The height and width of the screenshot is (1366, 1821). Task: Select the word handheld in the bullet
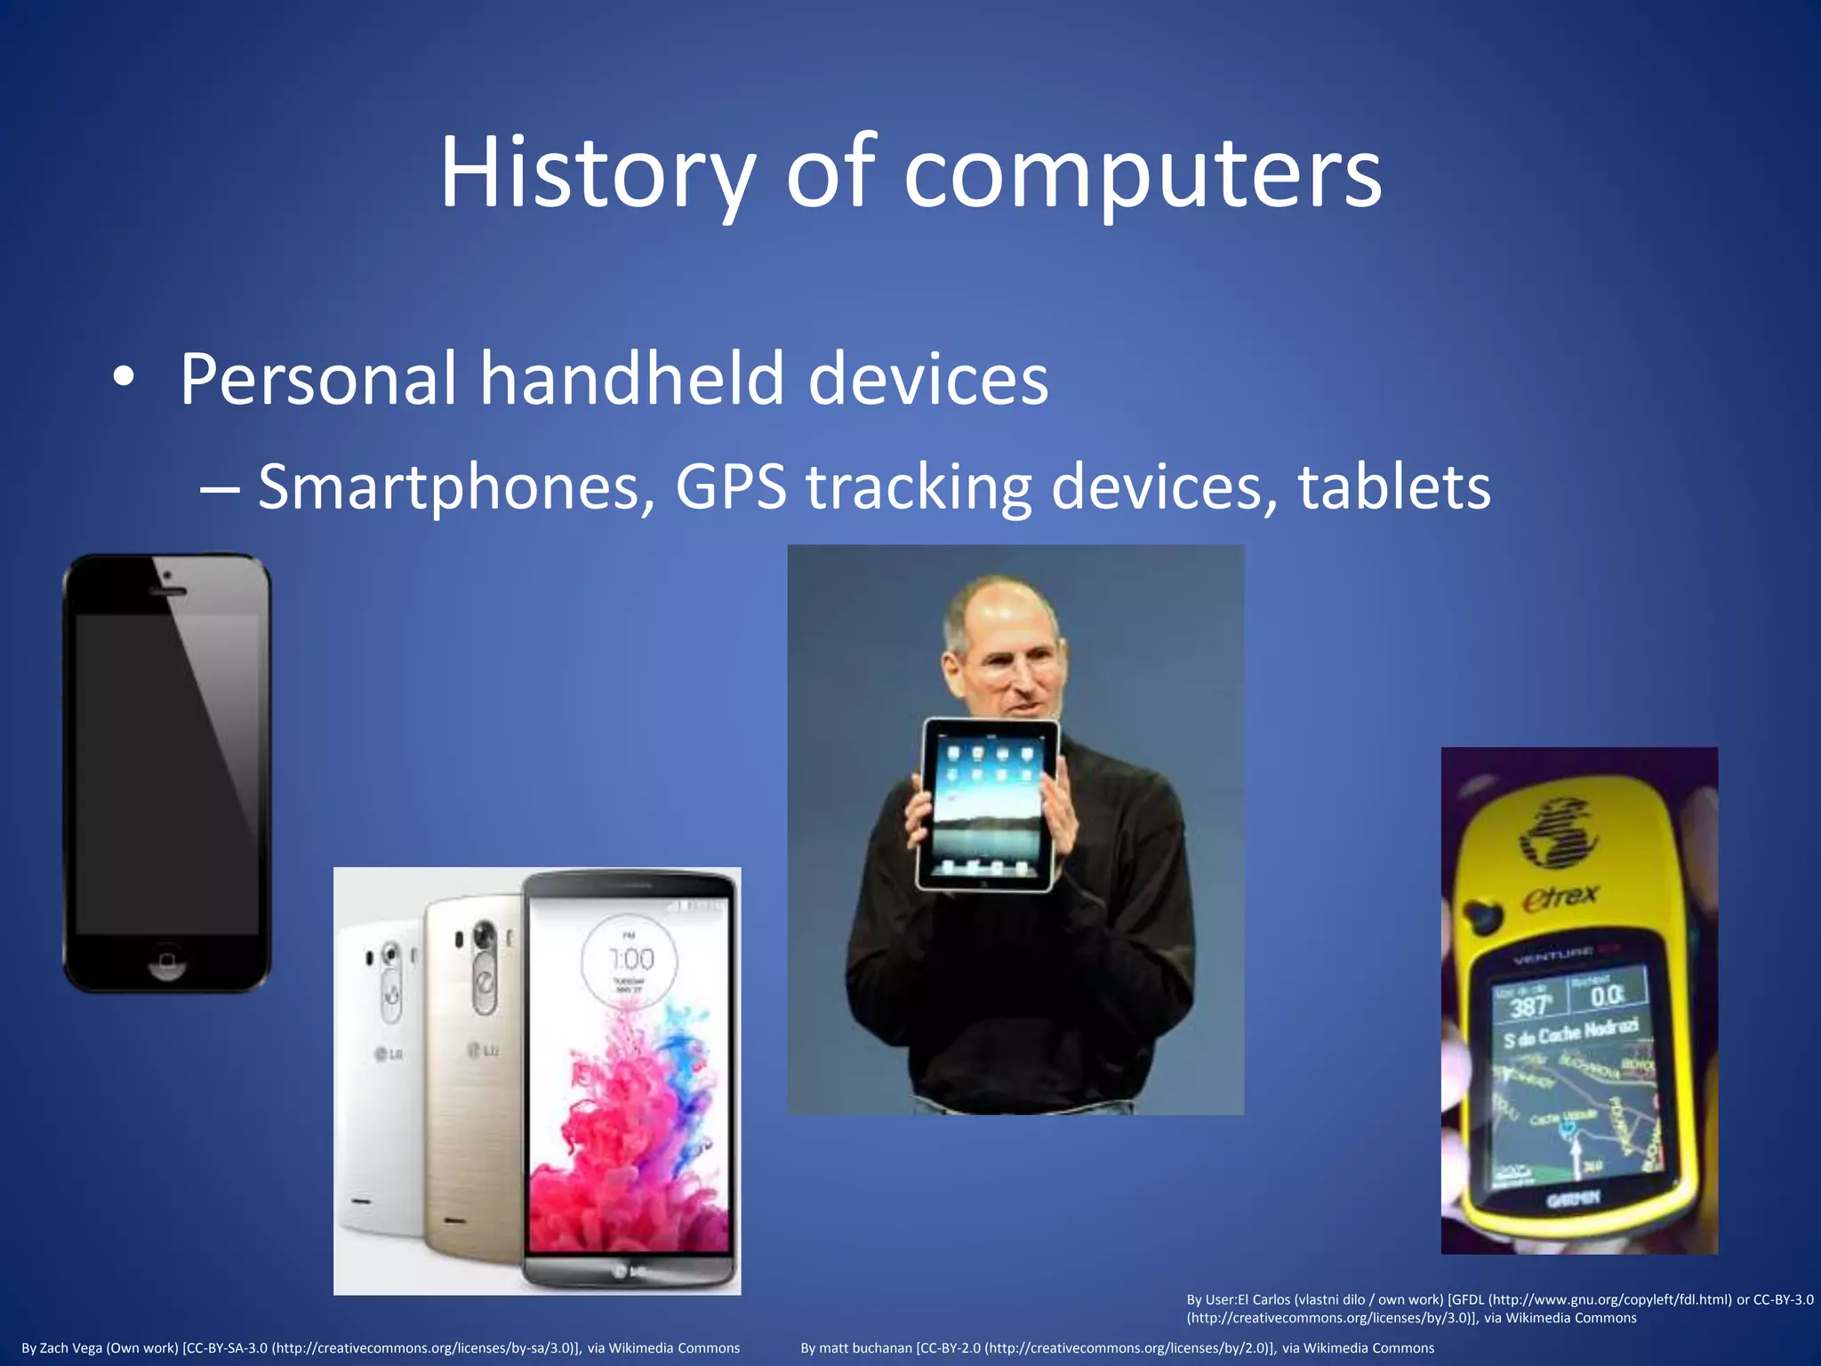point(632,379)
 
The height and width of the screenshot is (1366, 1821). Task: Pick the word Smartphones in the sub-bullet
point(450,487)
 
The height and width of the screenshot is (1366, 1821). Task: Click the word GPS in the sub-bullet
point(731,487)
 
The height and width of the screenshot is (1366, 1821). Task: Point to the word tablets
point(1393,487)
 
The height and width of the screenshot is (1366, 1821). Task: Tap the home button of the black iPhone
point(166,961)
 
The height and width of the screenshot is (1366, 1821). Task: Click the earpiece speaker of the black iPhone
point(167,591)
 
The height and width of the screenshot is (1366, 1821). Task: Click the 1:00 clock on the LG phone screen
point(631,960)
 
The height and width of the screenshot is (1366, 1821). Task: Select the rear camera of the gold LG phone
point(485,936)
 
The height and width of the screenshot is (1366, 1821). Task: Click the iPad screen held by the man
point(987,805)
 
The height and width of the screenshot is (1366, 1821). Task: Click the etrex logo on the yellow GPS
point(1560,897)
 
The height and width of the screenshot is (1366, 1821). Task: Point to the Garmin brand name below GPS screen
point(1573,1200)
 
